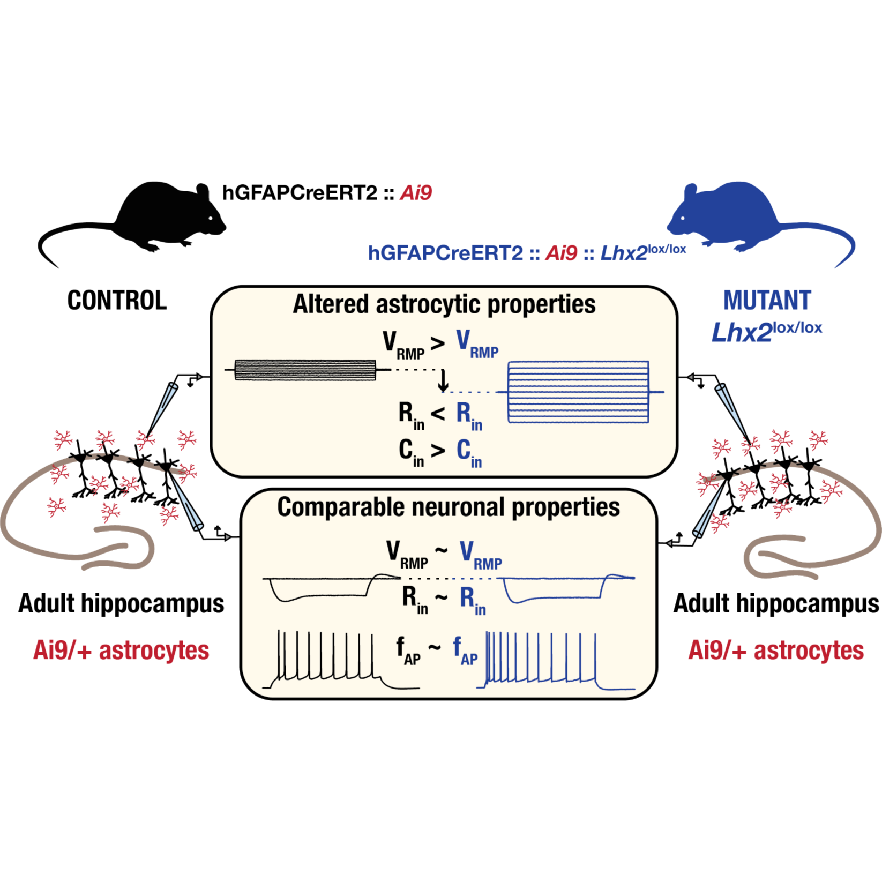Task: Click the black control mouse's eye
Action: (x=211, y=218)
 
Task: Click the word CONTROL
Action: (x=117, y=301)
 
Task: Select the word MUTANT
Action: (x=767, y=301)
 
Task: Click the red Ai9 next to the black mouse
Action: (x=416, y=193)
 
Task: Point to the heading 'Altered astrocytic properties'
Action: (x=444, y=304)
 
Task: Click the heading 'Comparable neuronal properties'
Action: (x=448, y=507)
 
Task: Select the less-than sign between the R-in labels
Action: (x=438, y=413)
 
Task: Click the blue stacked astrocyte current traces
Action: (x=578, y=392)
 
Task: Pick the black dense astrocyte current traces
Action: (x=305, y=370)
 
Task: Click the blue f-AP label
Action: (x=465, y=650)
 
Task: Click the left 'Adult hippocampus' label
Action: (x=121, y=603)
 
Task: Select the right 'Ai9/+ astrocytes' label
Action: (x=776, y=651)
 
